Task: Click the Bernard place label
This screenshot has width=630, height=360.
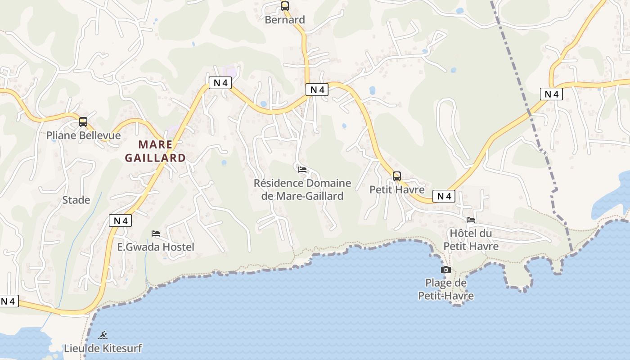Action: pyautogui.click(x=285, y=20)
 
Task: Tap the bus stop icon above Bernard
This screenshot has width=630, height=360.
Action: pyautogui.click(x=285, y=6)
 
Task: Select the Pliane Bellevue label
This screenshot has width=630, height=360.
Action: pyautogui.click(x=84, y=135)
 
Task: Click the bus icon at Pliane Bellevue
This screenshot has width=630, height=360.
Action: pyautogui.click(x=83, y=121)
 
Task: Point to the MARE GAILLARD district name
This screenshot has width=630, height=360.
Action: pyautogui.click(x=155, y=151)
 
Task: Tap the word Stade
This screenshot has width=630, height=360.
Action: pyautogui.click(x=76, y=200)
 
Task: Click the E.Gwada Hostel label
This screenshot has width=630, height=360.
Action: pyautogui.click(x=156, y=247)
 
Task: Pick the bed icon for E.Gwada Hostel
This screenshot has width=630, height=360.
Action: pyautogui.click(x=156, y=233)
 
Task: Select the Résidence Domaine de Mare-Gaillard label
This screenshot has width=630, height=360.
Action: pyautogui.click(x=302, y=189)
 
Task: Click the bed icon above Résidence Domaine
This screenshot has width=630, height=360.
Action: pyautogui.click(x=302, y=169)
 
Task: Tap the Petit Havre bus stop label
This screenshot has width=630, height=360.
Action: pyautogui.click(x=397, y=189)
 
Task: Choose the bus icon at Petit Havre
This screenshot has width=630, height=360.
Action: pyautogui.click(x=397, y=176)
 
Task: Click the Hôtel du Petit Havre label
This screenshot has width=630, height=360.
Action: pyautogui.click(x=471, y=240)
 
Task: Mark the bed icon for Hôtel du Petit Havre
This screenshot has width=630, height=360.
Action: pyautogui.click(x=471, y=220)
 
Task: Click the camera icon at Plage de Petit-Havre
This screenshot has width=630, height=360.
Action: pyautogui.click(x=446, y=270)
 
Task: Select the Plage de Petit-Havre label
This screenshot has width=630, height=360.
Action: pyautogui.click(x=446, y=289)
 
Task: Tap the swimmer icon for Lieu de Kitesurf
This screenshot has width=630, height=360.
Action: pyautogui.click(x=103, y=335)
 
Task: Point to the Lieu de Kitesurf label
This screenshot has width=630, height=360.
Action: pyautogui.click(x=103, y=348)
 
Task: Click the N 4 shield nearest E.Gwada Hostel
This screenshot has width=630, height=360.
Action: pyautogui.click(x=120, y=220)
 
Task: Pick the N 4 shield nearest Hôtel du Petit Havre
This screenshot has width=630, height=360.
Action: pyautogui.click(x=444, y=196)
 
